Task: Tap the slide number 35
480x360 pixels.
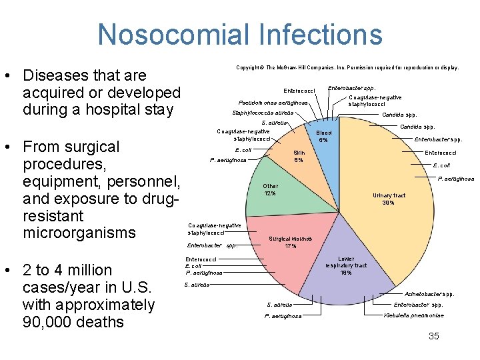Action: click(x=433, y=336)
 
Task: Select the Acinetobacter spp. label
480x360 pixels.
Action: click(x=430, y=294)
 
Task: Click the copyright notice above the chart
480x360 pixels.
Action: click(x=347, y=67)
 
